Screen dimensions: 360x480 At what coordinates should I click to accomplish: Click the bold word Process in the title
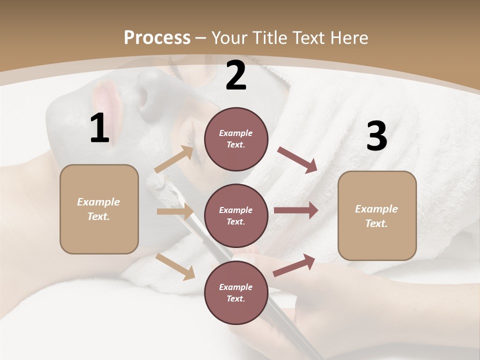coord(157,38)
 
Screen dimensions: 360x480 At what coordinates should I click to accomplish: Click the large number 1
coord(99,128)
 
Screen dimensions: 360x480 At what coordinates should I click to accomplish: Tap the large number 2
coord(236,75)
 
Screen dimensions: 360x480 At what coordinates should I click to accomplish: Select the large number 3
coord(377,136)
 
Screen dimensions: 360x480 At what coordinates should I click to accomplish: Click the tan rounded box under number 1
coord(99,209)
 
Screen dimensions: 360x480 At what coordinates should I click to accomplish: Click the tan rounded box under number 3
coord(377,216)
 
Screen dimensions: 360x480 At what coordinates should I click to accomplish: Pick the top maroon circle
coord(236,139)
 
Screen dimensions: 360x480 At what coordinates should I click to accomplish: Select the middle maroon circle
coord(236,216)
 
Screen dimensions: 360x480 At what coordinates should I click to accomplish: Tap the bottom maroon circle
coord(236,293)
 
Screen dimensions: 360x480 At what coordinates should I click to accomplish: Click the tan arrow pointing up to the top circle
coord(174,159)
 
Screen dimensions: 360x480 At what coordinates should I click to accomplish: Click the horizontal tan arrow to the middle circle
coord(175,211)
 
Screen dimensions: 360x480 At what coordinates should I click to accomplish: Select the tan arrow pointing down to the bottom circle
coord(175,266)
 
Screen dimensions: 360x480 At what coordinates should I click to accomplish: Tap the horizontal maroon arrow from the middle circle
coord(295,210)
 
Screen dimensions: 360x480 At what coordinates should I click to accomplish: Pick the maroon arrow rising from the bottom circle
coord(294,265)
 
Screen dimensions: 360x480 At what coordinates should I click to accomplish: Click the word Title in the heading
coord(270,38)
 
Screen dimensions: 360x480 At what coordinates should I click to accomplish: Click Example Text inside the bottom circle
coord(236,293)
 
